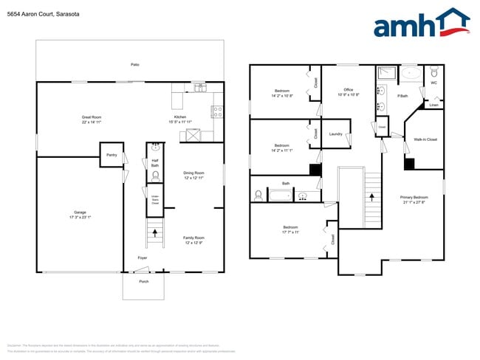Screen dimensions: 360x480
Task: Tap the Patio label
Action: pyautogui.click(x=135, y=65)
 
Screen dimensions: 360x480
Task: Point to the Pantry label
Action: pyautogui.click(x=112, y=155)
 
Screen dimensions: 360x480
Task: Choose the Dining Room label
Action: pyautogui.click(x=193, y=173)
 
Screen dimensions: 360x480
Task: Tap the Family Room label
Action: pyautogui.click(x=193, y=237)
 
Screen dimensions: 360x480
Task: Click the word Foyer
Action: pyautogui.click(x=142, y=257)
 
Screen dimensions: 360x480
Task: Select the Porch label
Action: pyautogui.click(x=144, y=281)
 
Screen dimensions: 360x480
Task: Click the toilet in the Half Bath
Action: pyautogui.click(x=155, y=176)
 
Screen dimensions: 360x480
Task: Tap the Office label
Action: pyautogui.click(x=349, y=90)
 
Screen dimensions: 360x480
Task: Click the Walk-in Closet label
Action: pyautogui.click(x=425, y=139)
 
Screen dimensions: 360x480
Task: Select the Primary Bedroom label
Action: pyautogui.click(x=414, y=197)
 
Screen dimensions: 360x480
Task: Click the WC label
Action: pyautogui.click(x=434, y=83)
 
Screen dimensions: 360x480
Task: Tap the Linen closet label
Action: pyautogui.click(x=434, y=105)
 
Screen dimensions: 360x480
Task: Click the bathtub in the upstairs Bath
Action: pyautogui.click(x=281, y=195)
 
